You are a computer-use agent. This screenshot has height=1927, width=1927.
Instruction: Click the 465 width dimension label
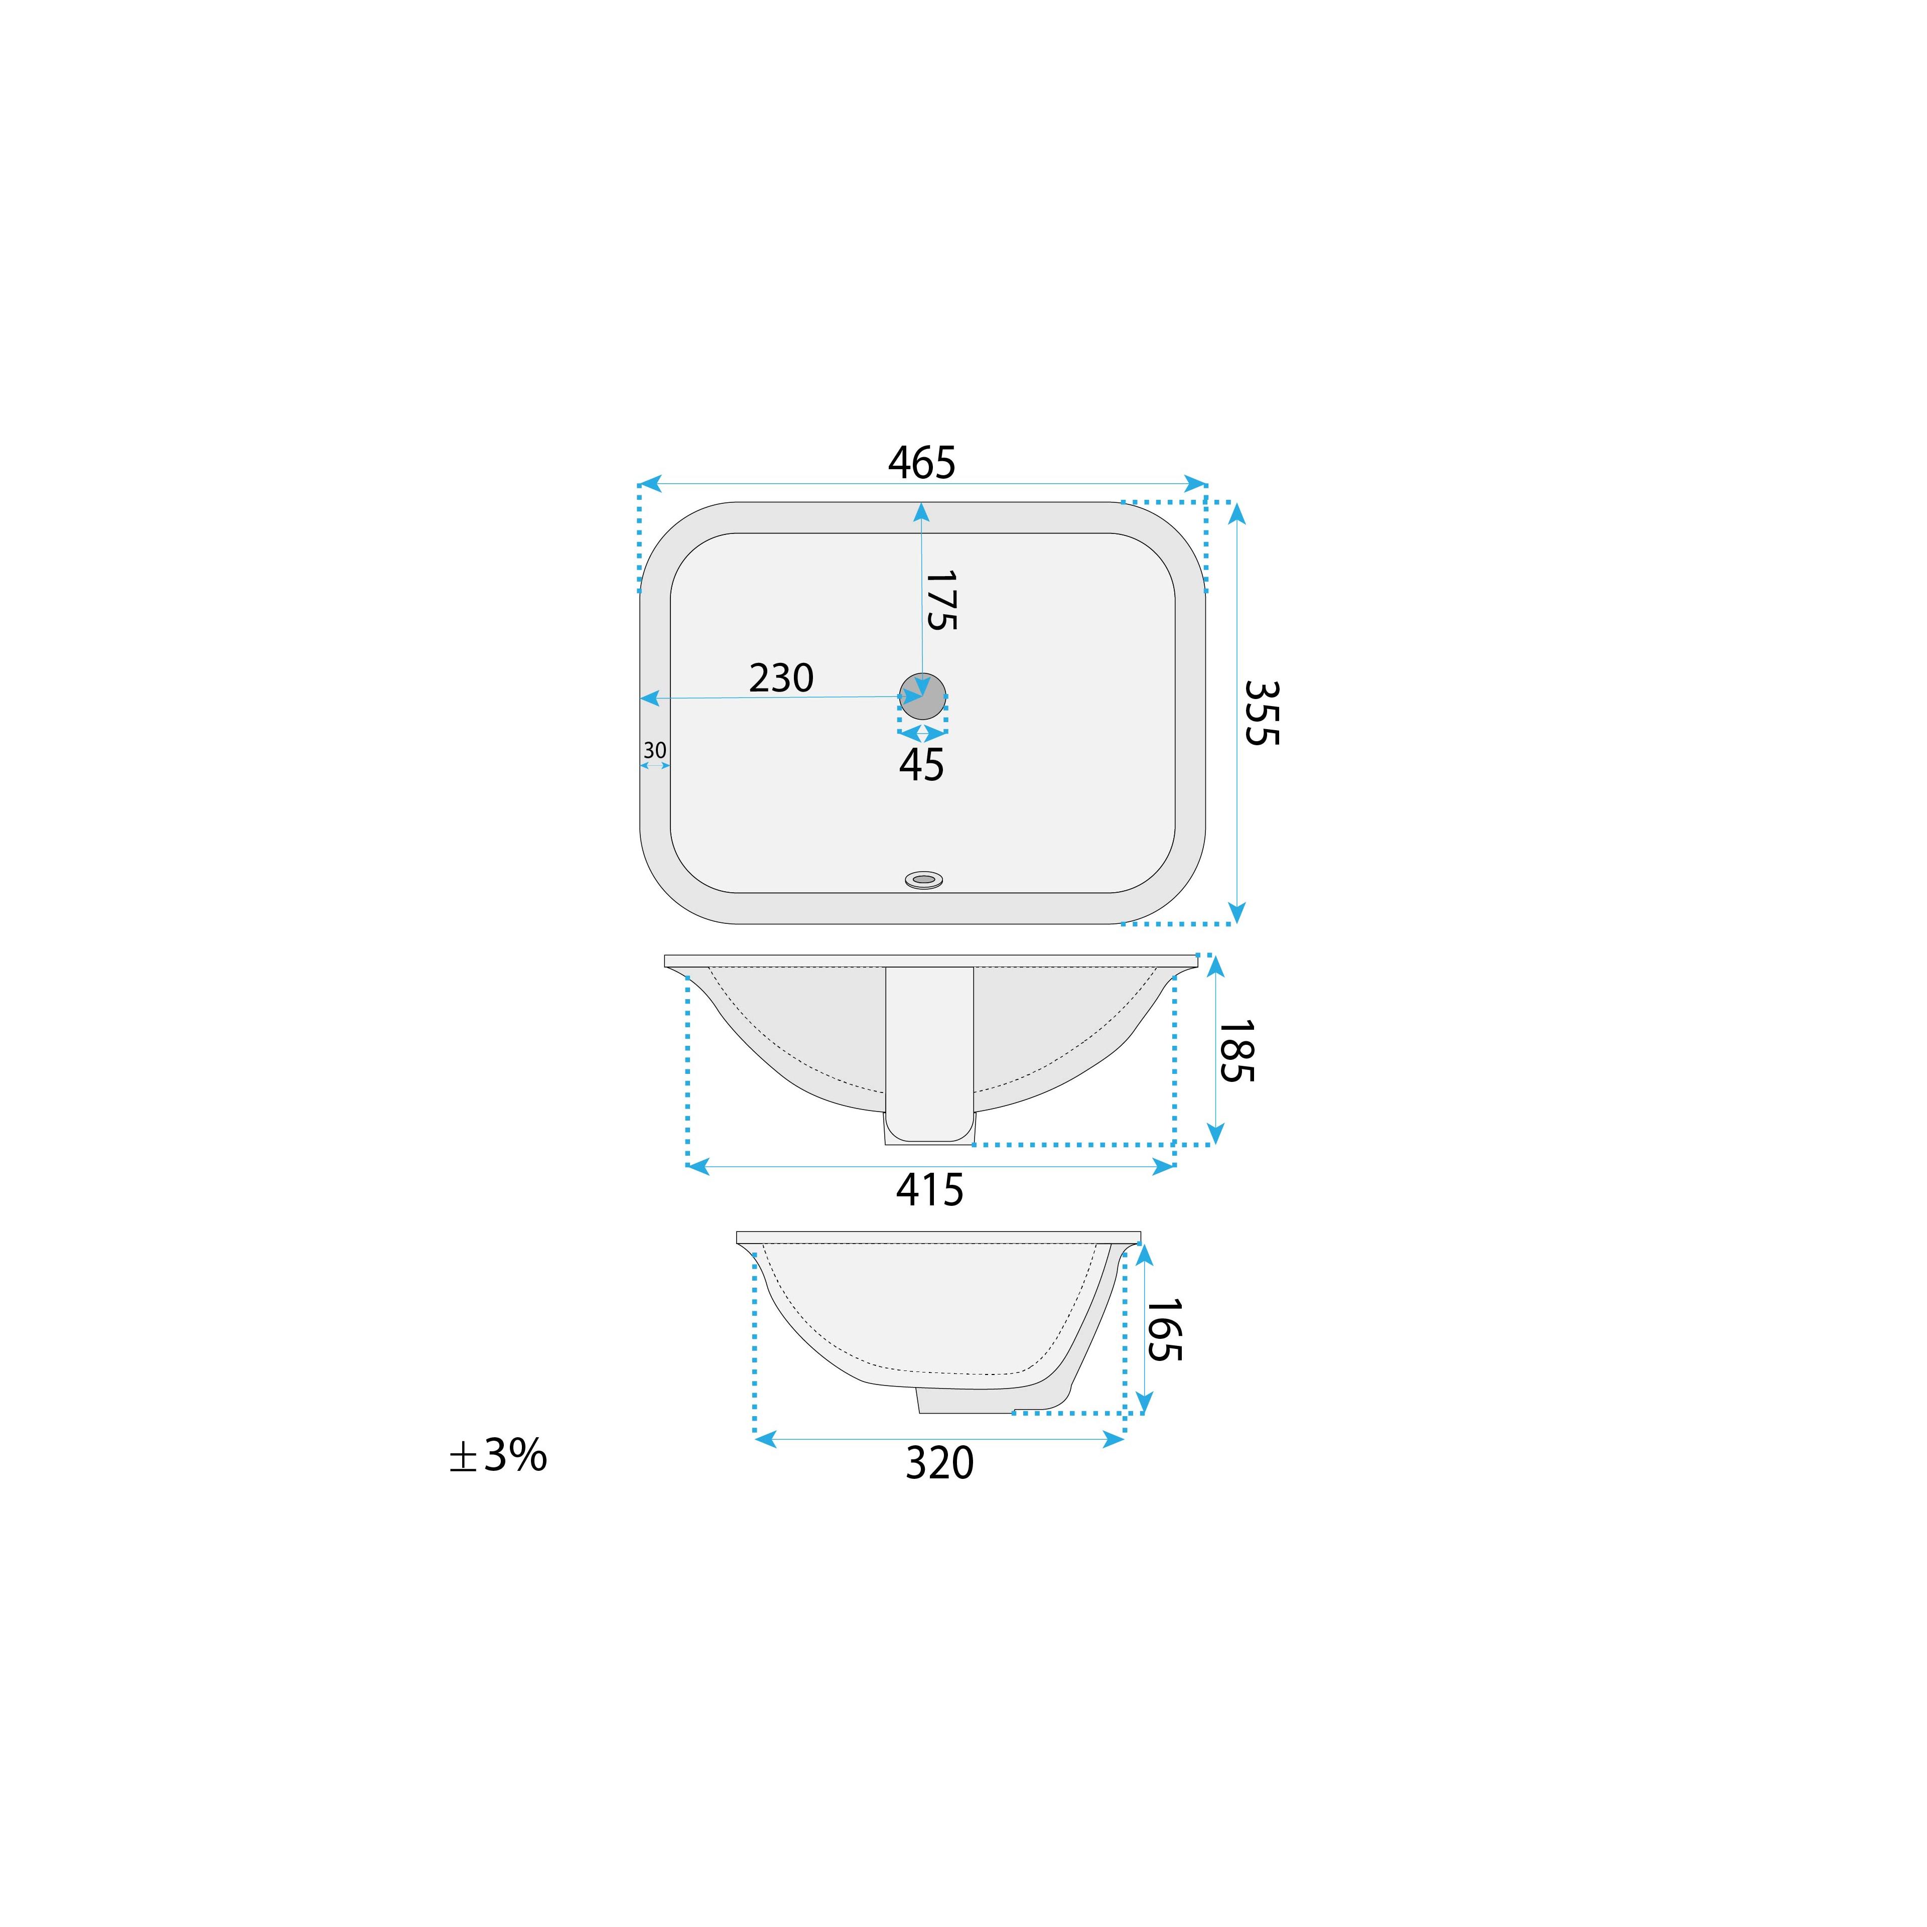[922, 463]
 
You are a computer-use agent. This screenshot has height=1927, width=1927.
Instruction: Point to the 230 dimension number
[781, 678]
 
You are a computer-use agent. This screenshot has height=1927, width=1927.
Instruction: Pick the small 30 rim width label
[654, 750]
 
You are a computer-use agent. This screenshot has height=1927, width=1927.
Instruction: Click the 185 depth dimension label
[1236, 1051]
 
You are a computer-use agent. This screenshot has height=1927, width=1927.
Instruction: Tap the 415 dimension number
[929, 1190]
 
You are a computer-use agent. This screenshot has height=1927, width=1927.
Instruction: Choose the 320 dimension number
[939, 1463]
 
